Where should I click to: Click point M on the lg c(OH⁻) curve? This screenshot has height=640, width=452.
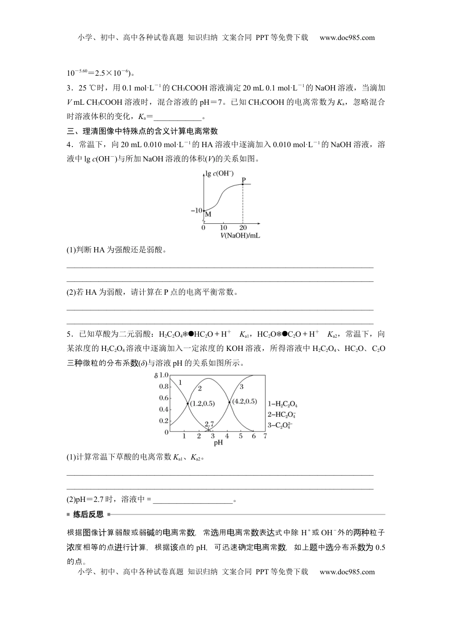coord(204,210)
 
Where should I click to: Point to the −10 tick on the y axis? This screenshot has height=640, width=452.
coord(197,210)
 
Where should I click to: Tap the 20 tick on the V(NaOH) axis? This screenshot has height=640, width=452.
coord(243,228)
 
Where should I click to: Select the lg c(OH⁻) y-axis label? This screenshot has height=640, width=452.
coord(220,173)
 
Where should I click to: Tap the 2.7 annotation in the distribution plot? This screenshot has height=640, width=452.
coord(210,424)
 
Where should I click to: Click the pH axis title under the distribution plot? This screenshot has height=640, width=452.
coord(218,443)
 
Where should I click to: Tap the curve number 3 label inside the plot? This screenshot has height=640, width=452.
coord(241,387)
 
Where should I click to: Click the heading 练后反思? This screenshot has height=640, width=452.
coord(88,514)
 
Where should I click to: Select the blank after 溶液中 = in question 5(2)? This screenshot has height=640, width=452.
coord(193,500)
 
